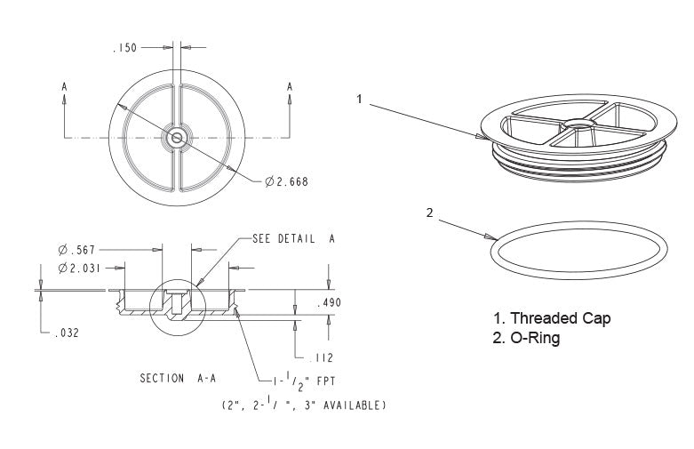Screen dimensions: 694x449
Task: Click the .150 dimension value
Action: click(124, 48)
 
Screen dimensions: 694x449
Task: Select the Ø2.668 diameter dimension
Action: click(286, 181)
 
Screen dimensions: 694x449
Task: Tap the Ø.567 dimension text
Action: click(76, 250)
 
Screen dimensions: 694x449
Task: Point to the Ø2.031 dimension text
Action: click(79, 268)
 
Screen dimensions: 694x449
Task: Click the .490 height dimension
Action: click(330, 303)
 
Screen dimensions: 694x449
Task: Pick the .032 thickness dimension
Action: click(67, 333)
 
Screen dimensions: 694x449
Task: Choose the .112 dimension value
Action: click(321, 357)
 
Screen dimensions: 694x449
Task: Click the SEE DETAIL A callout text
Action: click(293, 239)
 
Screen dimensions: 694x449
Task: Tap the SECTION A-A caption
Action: click(178, 379)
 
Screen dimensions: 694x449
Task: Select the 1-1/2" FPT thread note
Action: click(304, 381)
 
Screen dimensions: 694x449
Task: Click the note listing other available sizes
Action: click(304, 405)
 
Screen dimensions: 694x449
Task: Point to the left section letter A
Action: click(65, 87)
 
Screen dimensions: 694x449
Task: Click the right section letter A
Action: click(290, 87)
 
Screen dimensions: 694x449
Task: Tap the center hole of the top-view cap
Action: click(177, 137)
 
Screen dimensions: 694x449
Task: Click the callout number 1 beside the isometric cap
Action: click(359, 100)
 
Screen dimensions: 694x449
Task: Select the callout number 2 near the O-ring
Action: click(430, 213)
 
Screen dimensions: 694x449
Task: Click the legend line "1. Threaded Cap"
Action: click(553, 318)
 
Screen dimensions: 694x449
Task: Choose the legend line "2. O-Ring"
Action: click(526, 338)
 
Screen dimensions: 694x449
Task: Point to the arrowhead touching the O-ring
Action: click(491, 237)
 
